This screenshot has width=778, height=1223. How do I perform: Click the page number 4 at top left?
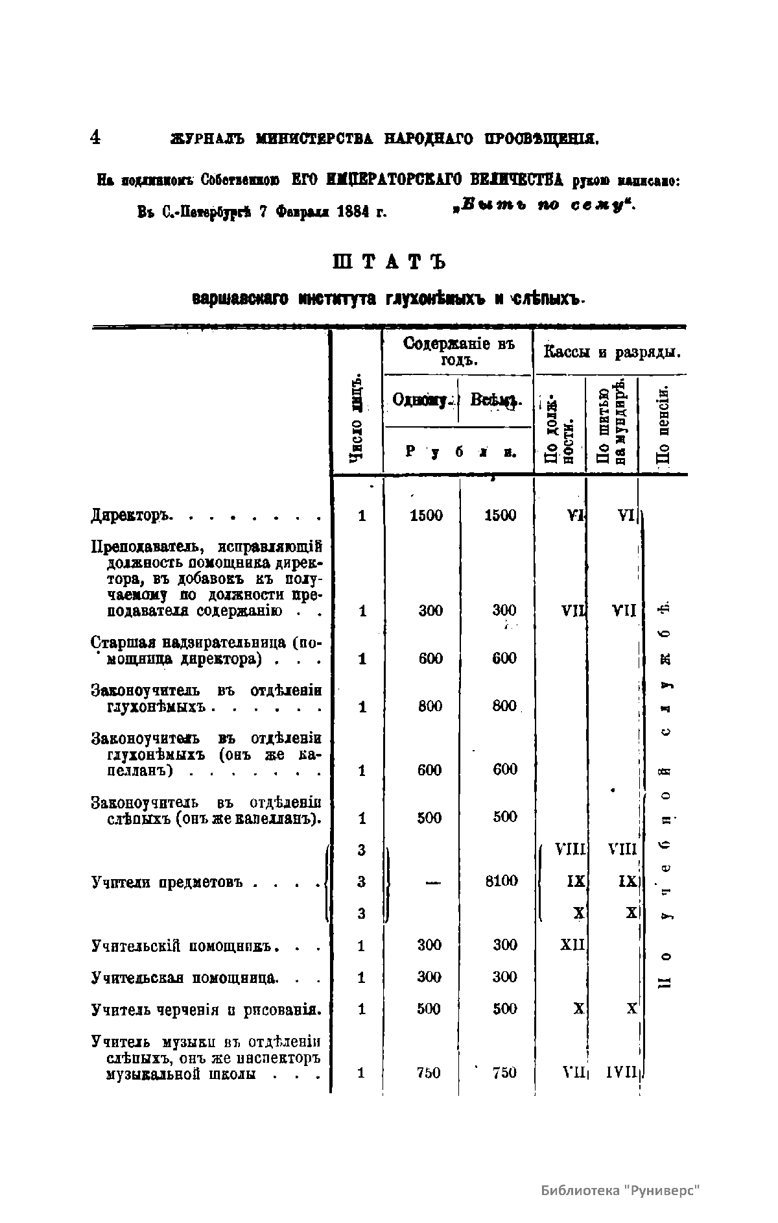coord(95,137)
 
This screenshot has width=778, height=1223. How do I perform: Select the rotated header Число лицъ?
coord(356,419)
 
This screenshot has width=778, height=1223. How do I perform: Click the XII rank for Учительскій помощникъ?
coord(572,945)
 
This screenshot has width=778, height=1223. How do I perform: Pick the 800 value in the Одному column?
coord(430,706)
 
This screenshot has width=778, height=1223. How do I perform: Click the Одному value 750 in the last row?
coord(429,1072)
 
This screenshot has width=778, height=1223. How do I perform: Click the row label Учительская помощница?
coord(185,977)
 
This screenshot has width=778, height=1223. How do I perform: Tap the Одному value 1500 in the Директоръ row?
coord(427,516)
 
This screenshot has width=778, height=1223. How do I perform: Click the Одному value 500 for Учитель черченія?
coord(429,1009)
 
